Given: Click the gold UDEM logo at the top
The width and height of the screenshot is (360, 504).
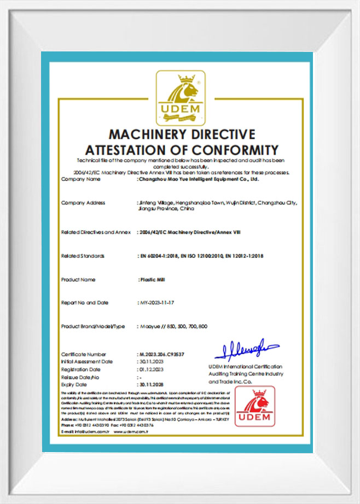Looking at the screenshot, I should [180, 98].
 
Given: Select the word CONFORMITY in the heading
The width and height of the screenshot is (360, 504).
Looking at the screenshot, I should [232, 149].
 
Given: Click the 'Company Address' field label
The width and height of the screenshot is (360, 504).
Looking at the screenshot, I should [83, 203].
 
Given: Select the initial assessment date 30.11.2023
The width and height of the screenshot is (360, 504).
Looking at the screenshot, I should [150, 361].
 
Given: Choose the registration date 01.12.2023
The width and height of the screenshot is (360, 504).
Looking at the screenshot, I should [150, 369].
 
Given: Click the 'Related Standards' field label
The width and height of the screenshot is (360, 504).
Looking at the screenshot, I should [83, 255].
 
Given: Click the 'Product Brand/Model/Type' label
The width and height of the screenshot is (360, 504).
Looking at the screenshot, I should [93, 326].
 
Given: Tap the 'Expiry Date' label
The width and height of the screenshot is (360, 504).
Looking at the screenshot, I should [76, 384].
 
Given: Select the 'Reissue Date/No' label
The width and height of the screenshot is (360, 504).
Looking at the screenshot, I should [80, 377].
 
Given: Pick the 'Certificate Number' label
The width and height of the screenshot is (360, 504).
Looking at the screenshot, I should [84, 354].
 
